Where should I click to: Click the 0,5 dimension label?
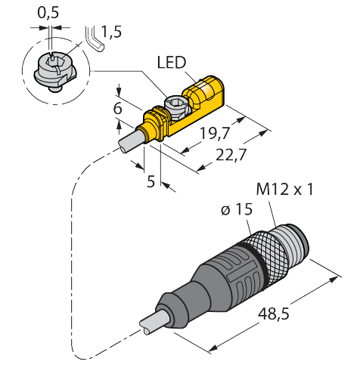[x=48, y=13]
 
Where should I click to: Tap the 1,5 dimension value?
[x=111, y=32]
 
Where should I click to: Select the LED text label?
[x=172, y=63]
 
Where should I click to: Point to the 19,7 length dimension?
[x=215, y=134]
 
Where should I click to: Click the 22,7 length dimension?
[x=231, y=155]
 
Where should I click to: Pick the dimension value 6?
[x=118, y=109]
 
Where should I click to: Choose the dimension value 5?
[x=151, y=181]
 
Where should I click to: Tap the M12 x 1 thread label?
[x=284, y=189]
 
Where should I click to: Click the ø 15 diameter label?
[x=237, y=209]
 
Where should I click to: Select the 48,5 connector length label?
[x=273, y=314]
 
